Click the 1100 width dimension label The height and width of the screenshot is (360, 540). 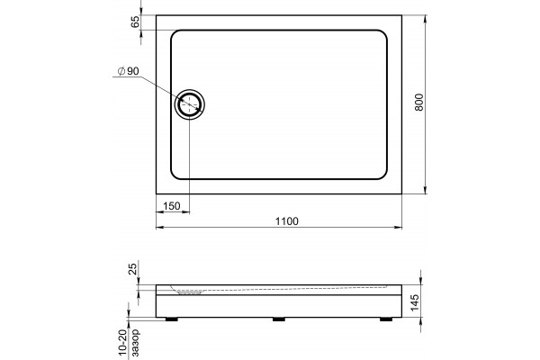pos(287,220)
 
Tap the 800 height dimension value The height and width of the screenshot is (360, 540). pos(418,102)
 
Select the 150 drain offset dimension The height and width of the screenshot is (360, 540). pos(172,206)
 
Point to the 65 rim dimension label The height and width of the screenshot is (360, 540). pos(135,22)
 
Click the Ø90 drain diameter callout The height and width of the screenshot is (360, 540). pos(128,71)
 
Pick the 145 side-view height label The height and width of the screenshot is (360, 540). pos(415,302)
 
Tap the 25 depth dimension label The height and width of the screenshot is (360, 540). pos(133,267)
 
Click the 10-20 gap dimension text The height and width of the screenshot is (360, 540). pos(123,344)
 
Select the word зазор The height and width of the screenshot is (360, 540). pos(135,343)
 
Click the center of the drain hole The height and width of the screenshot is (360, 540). pos(189,104)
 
